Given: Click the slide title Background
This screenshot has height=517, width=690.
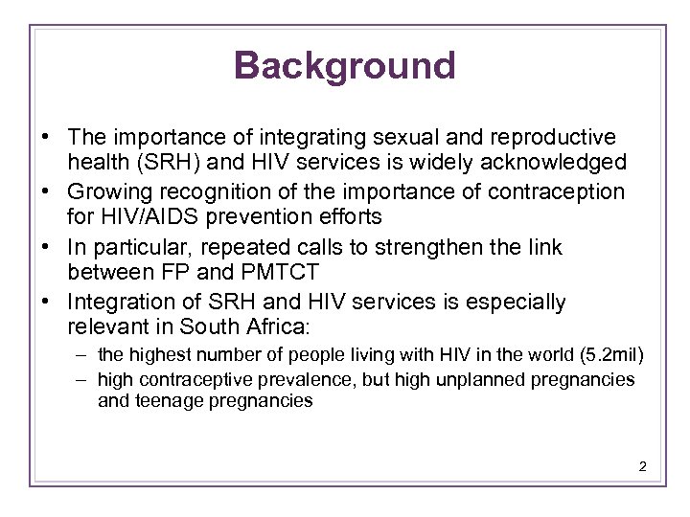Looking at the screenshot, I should tap(344, 66).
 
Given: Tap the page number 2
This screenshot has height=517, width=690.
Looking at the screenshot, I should tap(642, 466).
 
